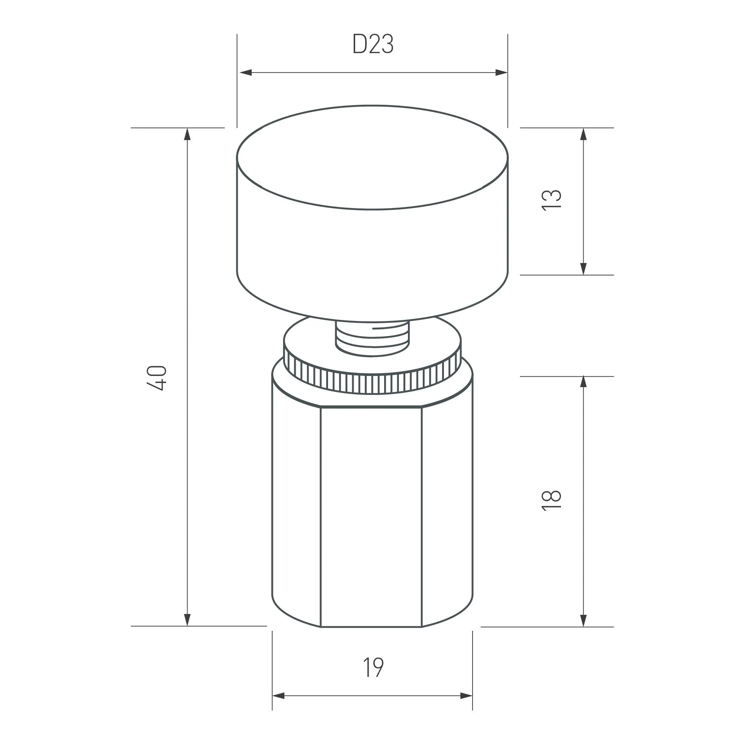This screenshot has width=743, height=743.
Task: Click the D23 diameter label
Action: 373,45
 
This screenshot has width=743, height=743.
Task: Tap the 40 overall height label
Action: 157,378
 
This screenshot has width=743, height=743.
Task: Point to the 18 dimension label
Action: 551,500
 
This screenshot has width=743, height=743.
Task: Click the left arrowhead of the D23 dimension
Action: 245,72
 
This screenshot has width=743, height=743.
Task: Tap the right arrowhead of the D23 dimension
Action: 501,72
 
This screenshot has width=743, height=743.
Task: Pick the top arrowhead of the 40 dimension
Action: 187,134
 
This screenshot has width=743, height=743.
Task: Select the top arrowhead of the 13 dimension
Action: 583,134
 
